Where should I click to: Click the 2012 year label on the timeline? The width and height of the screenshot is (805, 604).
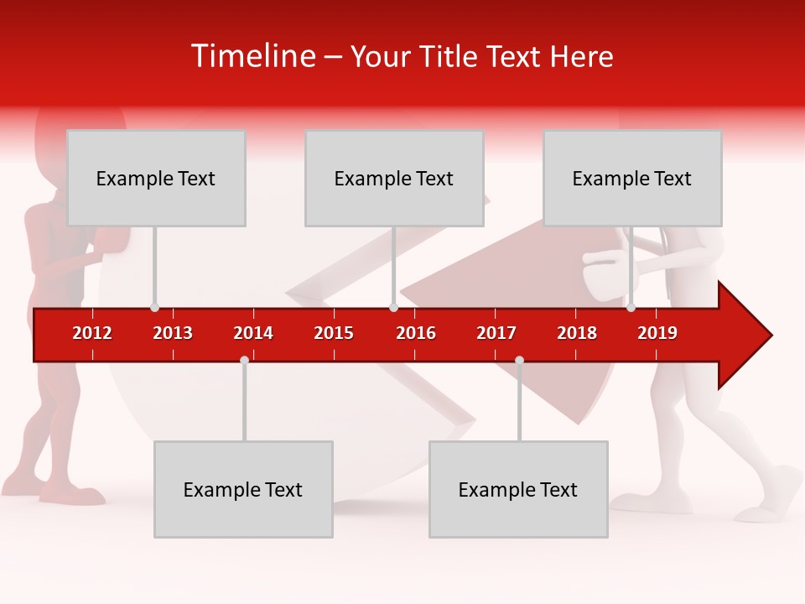point(92,333)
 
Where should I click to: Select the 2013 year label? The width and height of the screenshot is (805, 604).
point(173,333)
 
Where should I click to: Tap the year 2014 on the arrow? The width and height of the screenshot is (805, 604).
point(253,333)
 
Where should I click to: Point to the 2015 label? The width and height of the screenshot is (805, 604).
point(334,333)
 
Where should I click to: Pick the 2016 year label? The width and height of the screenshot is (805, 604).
point(416,333)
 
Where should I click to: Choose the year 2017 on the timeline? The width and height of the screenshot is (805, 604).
point(496,333)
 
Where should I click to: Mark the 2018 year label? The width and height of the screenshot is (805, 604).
point(577,333)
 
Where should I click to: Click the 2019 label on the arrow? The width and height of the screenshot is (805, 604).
point(657,333)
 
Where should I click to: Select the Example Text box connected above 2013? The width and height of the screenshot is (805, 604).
point(156,179)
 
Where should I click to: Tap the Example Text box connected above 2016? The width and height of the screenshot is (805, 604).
point(394,179)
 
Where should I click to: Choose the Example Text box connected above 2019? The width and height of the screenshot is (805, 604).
point(632,179)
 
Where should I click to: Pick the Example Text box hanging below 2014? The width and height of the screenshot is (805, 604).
point(243,490)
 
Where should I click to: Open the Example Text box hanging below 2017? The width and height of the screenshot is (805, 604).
point(518,490)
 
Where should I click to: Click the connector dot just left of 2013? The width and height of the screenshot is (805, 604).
point(154,308)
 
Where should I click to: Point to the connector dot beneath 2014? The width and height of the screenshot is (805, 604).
point(244,361)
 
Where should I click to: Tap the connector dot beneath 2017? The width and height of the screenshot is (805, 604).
point(519,361)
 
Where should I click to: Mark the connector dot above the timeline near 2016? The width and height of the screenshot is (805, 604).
point(393,308)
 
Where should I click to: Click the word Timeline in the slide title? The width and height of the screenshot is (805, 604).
point(253,56)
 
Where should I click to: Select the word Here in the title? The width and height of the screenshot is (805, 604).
point(581,57)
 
